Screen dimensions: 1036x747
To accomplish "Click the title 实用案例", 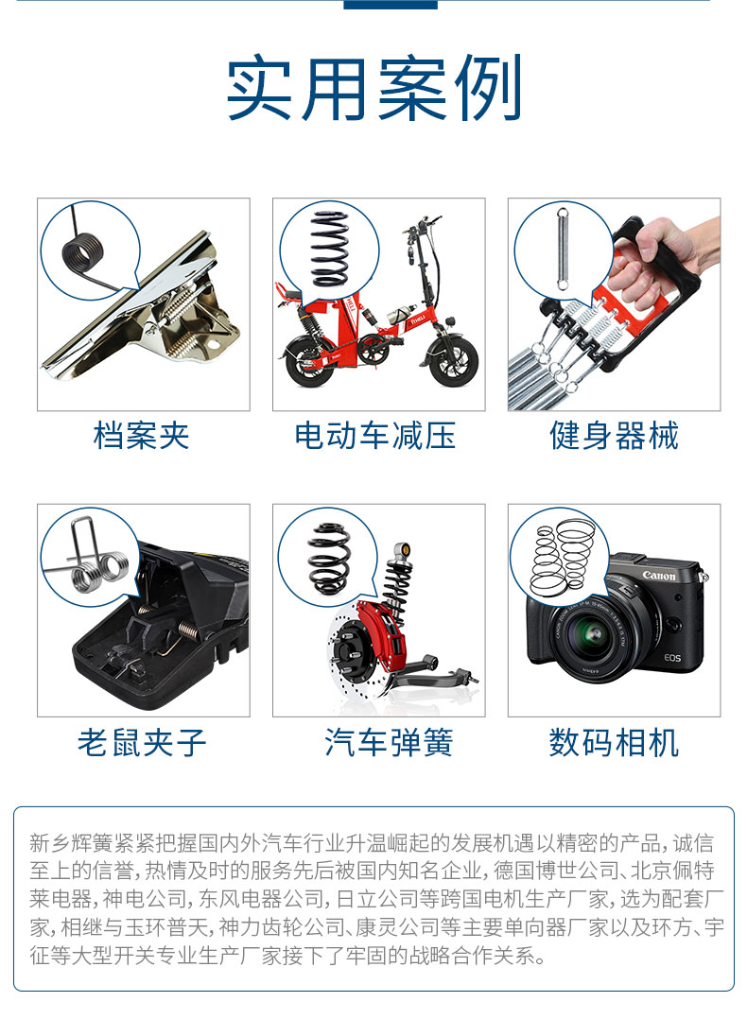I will pos(373,90).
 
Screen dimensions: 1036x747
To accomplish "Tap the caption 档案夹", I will pos(142,436).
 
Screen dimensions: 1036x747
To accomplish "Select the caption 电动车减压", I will pos(375,436).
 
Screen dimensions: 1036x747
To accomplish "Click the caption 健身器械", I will pos(614,436).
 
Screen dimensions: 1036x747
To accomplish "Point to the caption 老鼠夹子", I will pos(142,742).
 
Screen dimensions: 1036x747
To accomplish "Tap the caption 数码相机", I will pos(614,742).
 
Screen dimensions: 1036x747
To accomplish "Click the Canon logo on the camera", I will pos(659,576).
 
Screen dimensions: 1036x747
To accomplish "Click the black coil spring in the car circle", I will pos(330,558).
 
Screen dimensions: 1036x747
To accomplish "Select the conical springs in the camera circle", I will pos(559,556).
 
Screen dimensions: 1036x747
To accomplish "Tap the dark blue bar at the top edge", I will pos(390,5).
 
